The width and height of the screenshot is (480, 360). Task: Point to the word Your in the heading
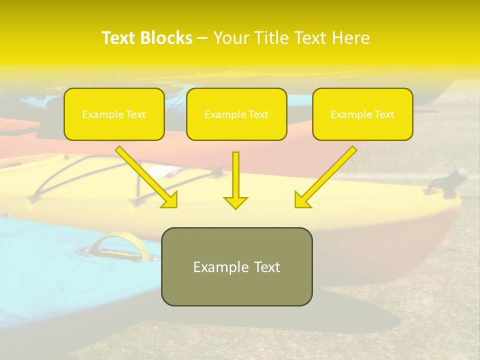231,38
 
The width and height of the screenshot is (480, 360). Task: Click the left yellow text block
114,114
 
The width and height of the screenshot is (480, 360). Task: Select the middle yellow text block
236,114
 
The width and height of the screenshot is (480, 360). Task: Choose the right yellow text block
362,114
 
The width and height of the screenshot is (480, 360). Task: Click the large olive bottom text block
236,266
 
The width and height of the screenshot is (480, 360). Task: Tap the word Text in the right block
384,114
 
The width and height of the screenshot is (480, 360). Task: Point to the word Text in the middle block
258,114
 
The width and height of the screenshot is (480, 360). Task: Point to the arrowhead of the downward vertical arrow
235,202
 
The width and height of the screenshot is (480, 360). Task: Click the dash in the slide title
202,38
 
